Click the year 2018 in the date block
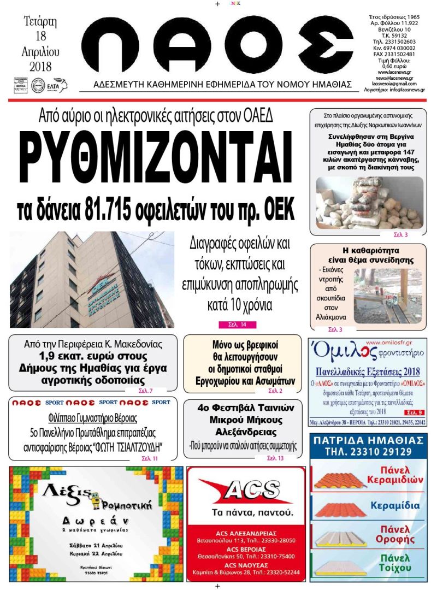click(40, 67)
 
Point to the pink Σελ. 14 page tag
click(237, 324)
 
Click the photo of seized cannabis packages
click(369, 203)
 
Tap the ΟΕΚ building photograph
click(91, 280)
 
